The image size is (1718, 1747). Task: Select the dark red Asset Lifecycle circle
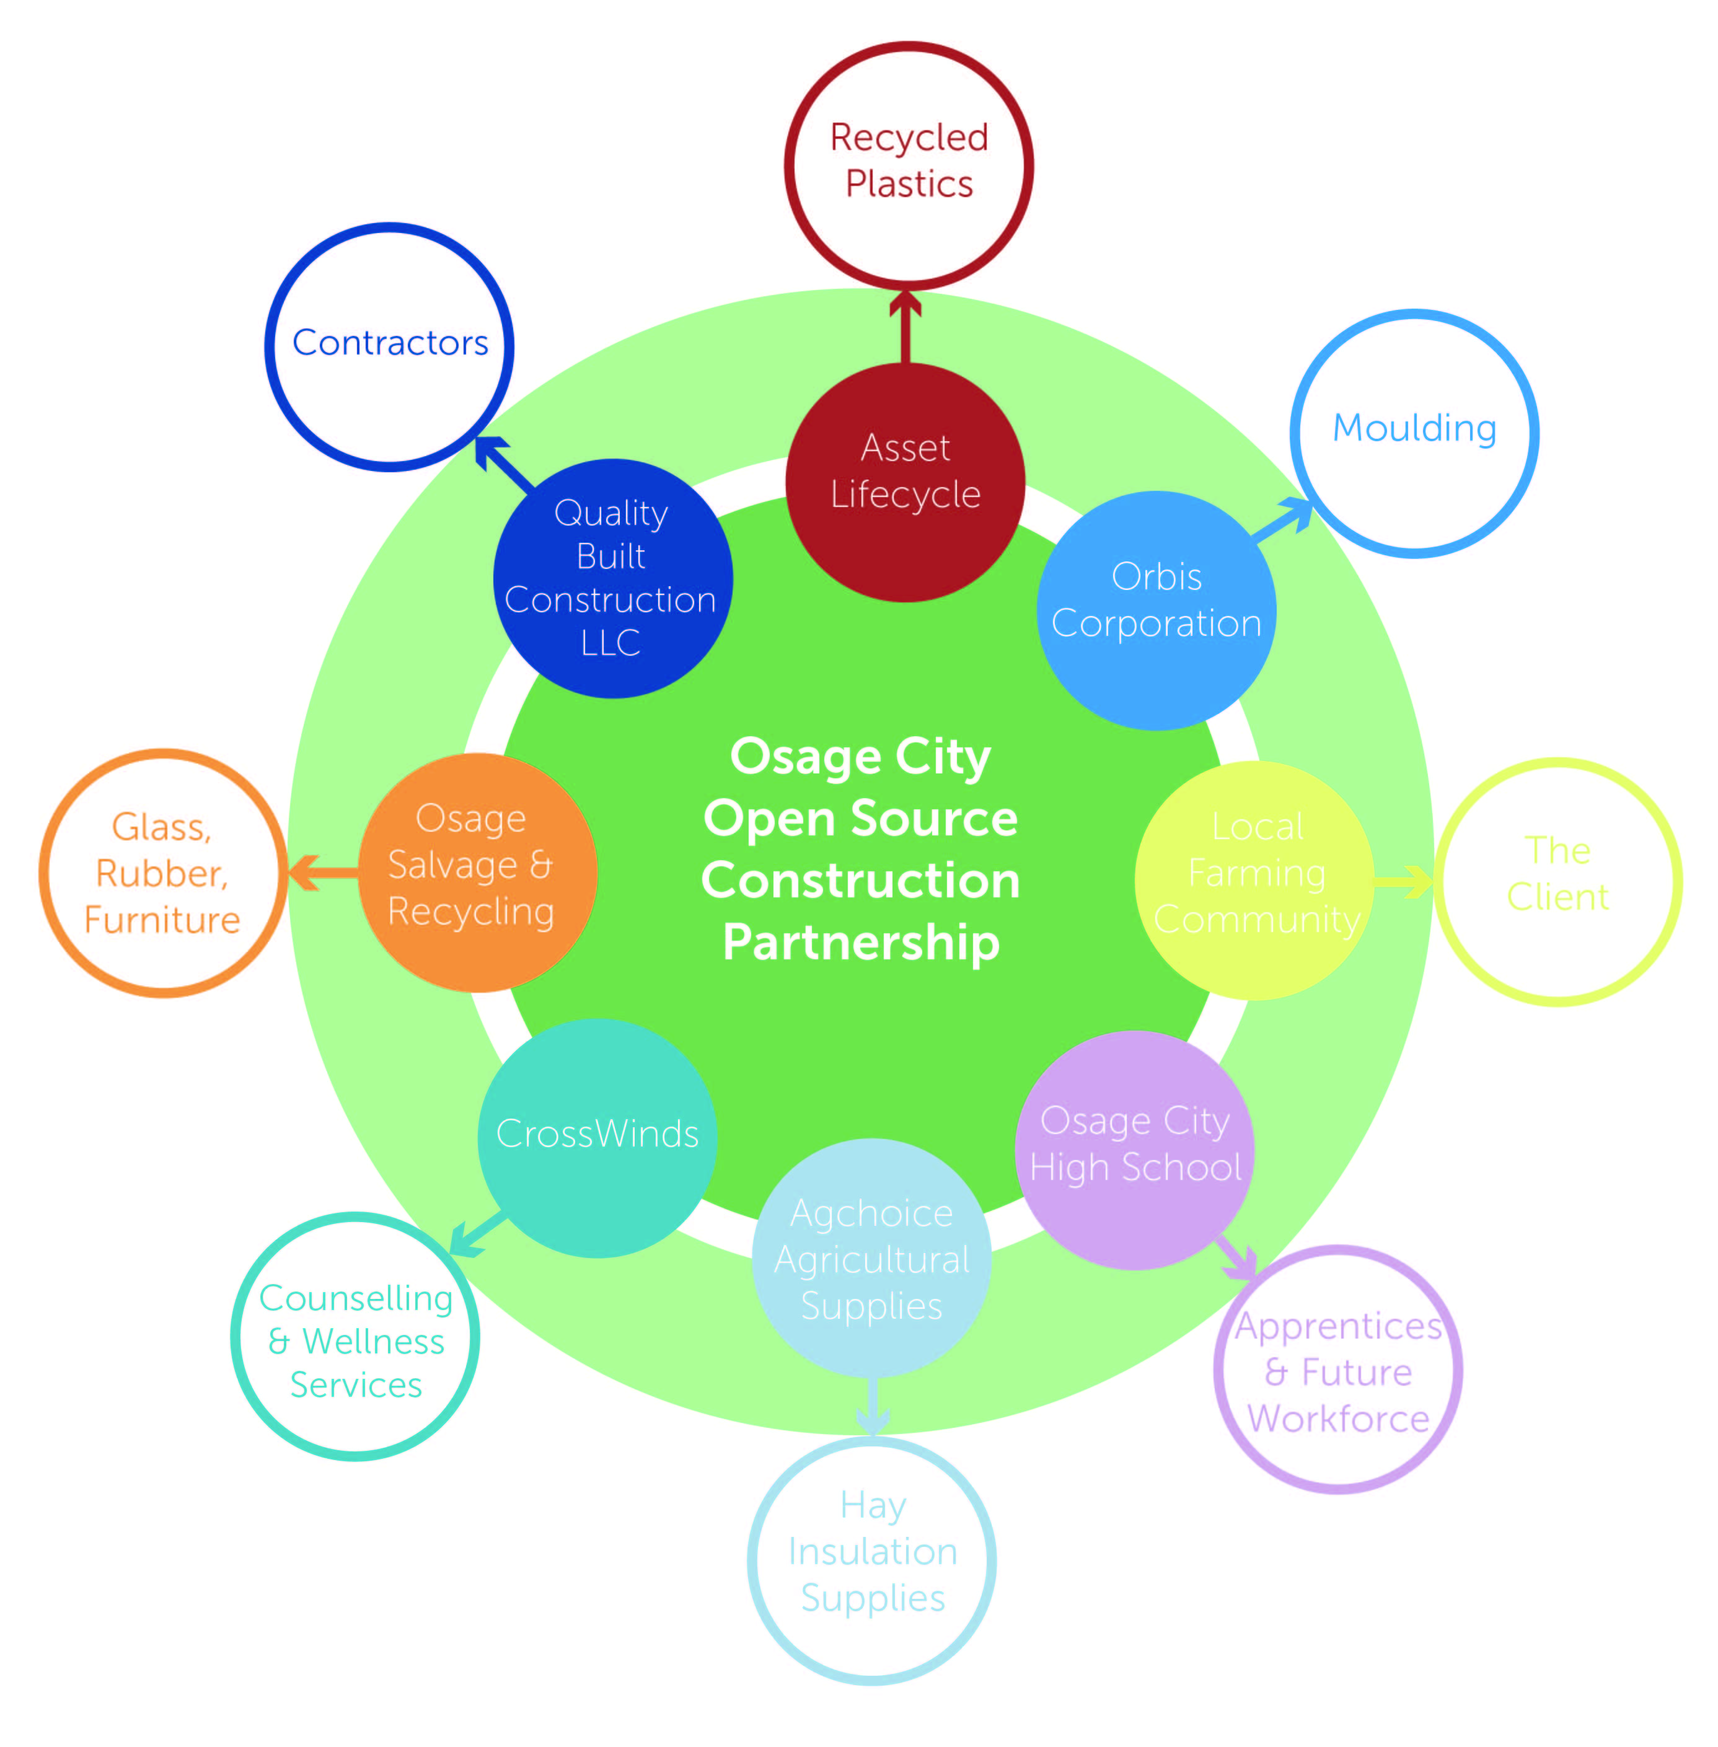tap(905, 482)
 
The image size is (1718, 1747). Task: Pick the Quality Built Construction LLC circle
tap(613, 578)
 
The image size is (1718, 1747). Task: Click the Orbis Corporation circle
tap(1156, 610)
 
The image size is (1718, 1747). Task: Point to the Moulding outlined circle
tap(1414, 433)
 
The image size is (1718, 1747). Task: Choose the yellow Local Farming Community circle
tap(1254, 880)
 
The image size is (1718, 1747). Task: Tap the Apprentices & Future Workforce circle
tap(1338, 1369)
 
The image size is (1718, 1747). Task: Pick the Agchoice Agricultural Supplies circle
tap(871, 1258)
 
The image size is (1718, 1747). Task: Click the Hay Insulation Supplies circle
tap(871, 1560)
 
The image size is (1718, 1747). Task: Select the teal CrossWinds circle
tap(597, 1138)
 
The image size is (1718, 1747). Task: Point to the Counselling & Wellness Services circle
tap(356, 1336)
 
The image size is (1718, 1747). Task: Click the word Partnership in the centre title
tap(861, 942)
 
